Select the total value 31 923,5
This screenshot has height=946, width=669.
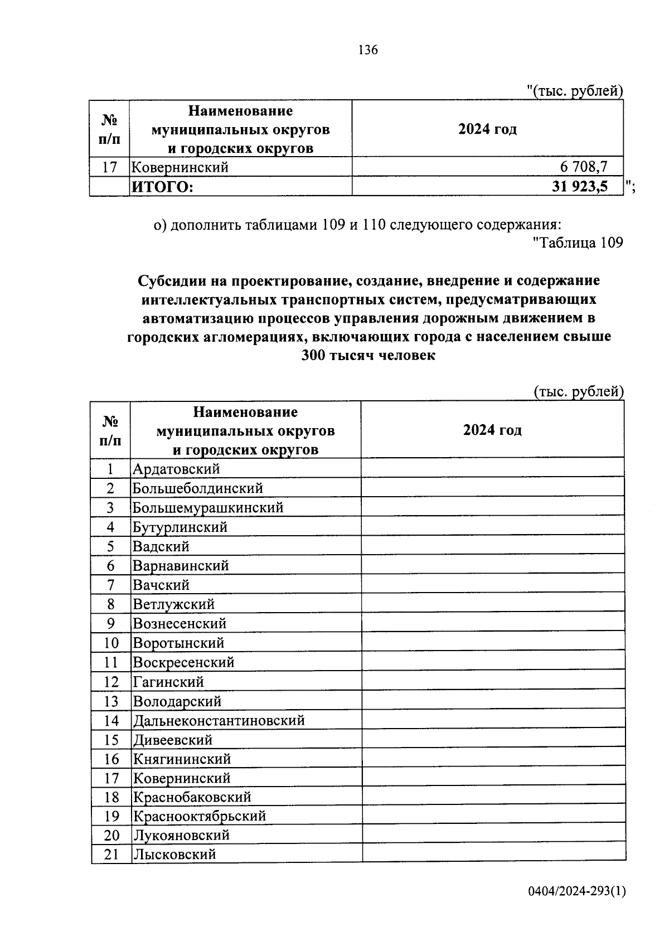coord(580,186)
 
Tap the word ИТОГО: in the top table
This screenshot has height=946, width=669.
coord(162,187)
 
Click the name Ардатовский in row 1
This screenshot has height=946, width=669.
coord(176,469)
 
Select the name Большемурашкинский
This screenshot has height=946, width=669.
coord(208,508)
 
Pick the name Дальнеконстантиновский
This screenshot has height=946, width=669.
coord(219,721)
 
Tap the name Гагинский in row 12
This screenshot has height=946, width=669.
coord(168,682)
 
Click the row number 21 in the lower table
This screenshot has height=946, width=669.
coord(111,854)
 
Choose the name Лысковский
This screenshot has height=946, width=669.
coord(174,854)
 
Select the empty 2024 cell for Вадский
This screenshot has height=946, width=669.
coord(492,546)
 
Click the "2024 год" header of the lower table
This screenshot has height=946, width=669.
coord(492,430)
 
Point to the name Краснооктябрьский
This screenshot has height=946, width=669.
coord(199,816)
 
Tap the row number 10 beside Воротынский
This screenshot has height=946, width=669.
coord(111,643)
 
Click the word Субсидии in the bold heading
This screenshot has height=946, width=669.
coord(166,280)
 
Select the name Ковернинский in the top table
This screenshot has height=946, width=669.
coord(180,167)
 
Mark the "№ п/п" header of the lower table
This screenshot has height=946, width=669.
coord(110,430)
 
